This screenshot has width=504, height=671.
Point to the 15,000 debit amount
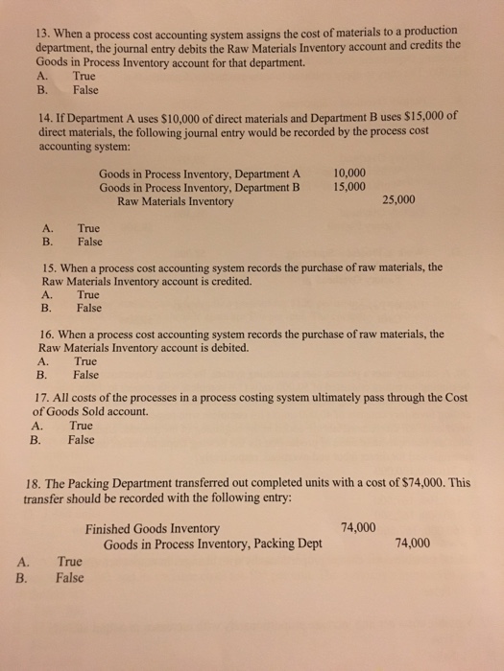tap(348, 187)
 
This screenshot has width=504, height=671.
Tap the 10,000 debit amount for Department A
tap(348, 173)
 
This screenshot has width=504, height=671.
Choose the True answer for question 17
tap(81, 426)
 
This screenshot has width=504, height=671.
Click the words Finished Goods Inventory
tap(152, 528)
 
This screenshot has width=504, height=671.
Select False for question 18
tap(69, 577)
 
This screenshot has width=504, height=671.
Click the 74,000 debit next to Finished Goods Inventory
tap(358, 527)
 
